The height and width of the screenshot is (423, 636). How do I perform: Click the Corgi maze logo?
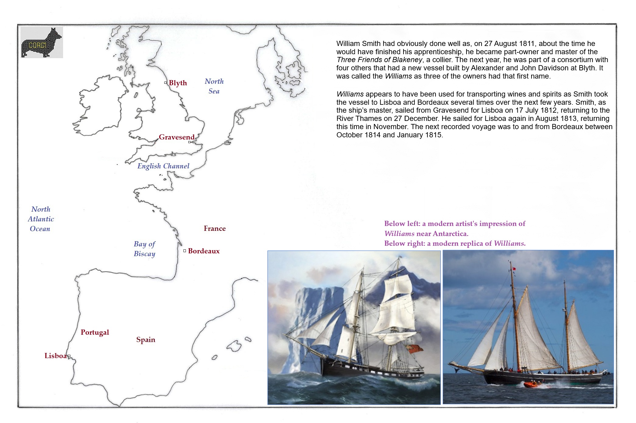pos(42,42)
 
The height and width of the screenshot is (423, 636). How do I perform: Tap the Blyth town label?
pos(178,83)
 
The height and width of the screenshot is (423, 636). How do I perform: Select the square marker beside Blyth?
pos(165,83)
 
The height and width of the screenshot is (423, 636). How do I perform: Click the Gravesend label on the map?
pos(176,137)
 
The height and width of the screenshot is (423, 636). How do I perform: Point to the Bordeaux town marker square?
pos(185,251)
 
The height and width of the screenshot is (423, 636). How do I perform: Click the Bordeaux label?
pos(204,251)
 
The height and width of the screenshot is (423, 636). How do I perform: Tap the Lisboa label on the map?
pos(55,356)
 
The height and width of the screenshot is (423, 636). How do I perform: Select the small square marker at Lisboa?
pos(69,356)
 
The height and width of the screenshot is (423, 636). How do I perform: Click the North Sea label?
pos(214,86)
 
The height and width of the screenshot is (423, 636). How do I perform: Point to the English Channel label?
pos(163,166)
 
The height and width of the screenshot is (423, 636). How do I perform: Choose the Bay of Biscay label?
pos(144,249)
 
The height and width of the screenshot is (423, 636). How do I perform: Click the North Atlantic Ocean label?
pos(41,219)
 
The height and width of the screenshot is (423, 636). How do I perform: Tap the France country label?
pos(215,228)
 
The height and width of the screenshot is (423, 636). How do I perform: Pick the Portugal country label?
pos(95,332)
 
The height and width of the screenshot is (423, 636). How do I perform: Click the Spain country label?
pos(146,340)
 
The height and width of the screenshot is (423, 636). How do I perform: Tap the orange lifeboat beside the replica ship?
pos(531,384)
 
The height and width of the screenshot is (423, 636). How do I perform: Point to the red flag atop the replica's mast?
pos(514,269)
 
